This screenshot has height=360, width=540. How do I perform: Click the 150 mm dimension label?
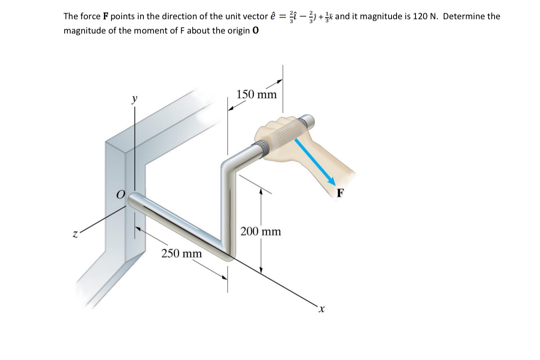pos(257,95)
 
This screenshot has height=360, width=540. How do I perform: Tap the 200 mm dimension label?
pos(261,232)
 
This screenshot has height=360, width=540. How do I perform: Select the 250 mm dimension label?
pos(182,254)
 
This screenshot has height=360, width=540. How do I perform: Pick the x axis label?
pos(322,310)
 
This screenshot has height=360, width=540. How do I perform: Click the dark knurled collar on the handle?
pos(258,149)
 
